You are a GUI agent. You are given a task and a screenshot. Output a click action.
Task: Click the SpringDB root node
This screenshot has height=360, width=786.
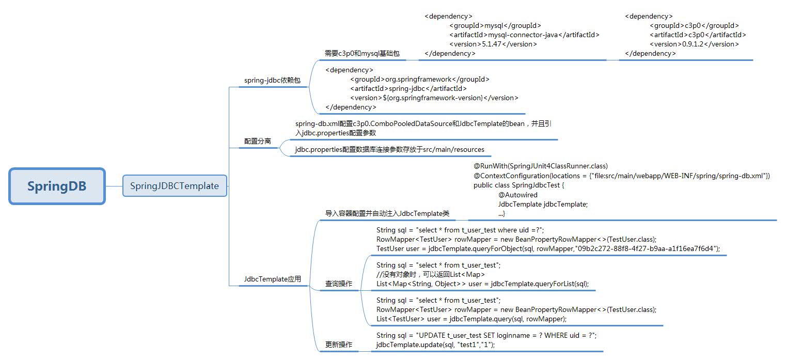pyautogui.click(x=57, y=186)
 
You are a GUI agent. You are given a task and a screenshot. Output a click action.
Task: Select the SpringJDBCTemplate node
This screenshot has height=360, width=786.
pyautogui.click(x=175, y=186)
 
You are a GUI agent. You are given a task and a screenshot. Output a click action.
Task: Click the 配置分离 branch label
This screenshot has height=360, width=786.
pyautogui.click(x=257, y=141)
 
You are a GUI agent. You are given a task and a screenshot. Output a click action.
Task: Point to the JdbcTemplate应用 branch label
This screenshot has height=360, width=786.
pyautogui.click(x=272, y=279)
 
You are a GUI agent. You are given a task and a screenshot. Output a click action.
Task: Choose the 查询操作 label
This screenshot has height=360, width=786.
pyautogui.click(x=339, y=284)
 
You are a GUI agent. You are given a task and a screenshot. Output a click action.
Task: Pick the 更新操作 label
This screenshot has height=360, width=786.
pyautogui.click(x=339, y=345)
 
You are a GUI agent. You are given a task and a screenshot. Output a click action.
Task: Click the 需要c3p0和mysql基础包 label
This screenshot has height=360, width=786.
pyautogui.click(x=362, y=53)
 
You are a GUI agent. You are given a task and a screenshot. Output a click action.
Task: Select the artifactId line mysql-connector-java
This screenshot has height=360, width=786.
pyautogui.click(x=524, y=35)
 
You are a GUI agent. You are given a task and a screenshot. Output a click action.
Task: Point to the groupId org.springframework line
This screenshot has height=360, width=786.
pyautogui.click(x=419, y=79)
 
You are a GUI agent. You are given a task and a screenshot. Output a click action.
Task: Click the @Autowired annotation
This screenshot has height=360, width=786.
pyautogui.click(x=518, y=195)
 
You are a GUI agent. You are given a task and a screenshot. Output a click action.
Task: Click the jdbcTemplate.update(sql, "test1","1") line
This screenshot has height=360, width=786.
pyautogui.click(x=435, y=345)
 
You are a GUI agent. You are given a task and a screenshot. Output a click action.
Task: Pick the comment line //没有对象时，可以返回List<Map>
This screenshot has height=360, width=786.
pyautogui.click(x=430, y=274)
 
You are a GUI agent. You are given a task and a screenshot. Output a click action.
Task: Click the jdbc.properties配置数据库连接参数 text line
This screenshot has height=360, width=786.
pyautogui.click(x=390, y=149)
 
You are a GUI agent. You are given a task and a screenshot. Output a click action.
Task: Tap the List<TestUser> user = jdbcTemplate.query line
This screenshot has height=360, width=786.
pyautogui.click(x=471, y=319)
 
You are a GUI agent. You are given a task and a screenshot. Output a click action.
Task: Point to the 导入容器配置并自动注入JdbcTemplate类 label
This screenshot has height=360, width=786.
pyautogui.click(x=387, y=213)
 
